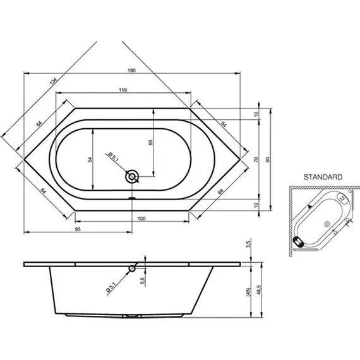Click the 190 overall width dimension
coord(131,70)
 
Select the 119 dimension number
coord(123,90)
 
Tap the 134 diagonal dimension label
coord(53,81)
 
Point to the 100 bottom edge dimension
coord(141,219)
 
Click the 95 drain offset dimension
coord(78,229)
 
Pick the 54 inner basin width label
coord(90,160)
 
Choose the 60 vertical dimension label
coord(150,143)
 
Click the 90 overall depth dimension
coord(268,160)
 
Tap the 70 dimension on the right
coord(256,160)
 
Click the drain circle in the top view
coord(132,177)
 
